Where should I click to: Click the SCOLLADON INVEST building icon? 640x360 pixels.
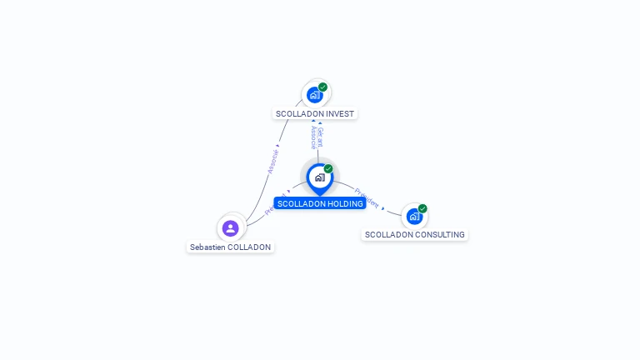point(314,94)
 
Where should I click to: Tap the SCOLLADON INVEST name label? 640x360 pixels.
point(315,114)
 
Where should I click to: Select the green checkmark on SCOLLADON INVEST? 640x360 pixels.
point(323,87)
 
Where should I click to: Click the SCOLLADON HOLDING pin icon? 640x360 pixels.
point(319,177)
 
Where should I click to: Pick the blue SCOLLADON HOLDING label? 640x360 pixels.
point(320,204)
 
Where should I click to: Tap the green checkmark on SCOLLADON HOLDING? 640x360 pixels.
point(328,169)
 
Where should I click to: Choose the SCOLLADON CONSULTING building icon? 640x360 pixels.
point(414,217)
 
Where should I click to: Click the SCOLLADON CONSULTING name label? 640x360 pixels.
point(415,235)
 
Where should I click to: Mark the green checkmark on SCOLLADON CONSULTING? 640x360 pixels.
point(422,208)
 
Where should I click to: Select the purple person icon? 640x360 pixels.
point(231,228)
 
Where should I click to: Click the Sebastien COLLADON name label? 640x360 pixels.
point(230,247)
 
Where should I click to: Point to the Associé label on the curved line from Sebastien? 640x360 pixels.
point(272,161)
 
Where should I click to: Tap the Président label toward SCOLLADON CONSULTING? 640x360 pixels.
point(367,198)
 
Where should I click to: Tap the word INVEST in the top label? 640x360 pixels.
point(340,114)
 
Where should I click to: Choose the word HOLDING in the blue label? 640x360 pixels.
point(346,204)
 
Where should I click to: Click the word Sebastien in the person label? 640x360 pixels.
point(207,247)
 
